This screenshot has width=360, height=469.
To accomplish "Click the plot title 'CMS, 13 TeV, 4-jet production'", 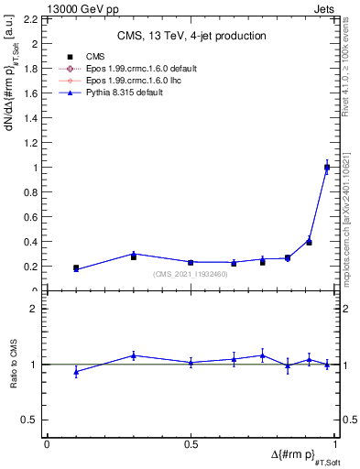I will coord(191,37).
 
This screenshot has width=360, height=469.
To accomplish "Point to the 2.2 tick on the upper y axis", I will coord(35,19).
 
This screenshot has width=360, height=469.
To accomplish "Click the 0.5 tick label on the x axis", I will coord(191,443).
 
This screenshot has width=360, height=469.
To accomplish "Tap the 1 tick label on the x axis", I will coord(335,443).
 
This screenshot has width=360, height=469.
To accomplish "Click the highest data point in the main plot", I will coord(327,167).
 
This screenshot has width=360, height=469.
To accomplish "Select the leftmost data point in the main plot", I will coord(76,268).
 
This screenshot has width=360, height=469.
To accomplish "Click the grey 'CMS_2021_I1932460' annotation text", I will coord(191,274).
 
